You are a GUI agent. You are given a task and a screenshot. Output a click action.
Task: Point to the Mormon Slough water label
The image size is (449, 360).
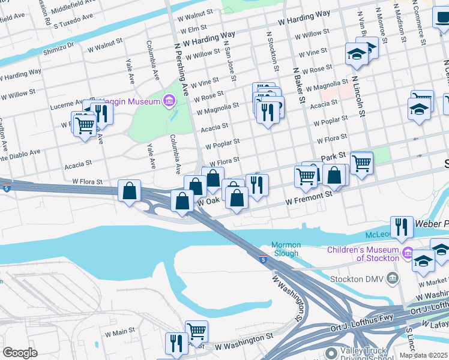[285, 249]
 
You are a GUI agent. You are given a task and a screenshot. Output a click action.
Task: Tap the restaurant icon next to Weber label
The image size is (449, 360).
[402, 227]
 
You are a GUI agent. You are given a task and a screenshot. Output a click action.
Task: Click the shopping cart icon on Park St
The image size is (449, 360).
[361, 162]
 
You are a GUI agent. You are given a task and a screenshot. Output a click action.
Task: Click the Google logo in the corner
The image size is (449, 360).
[20, 352]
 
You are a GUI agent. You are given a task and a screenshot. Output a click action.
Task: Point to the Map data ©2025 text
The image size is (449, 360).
[423, 355]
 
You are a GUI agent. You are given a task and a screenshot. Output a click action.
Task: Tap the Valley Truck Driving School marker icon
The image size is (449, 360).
[331, 354]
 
